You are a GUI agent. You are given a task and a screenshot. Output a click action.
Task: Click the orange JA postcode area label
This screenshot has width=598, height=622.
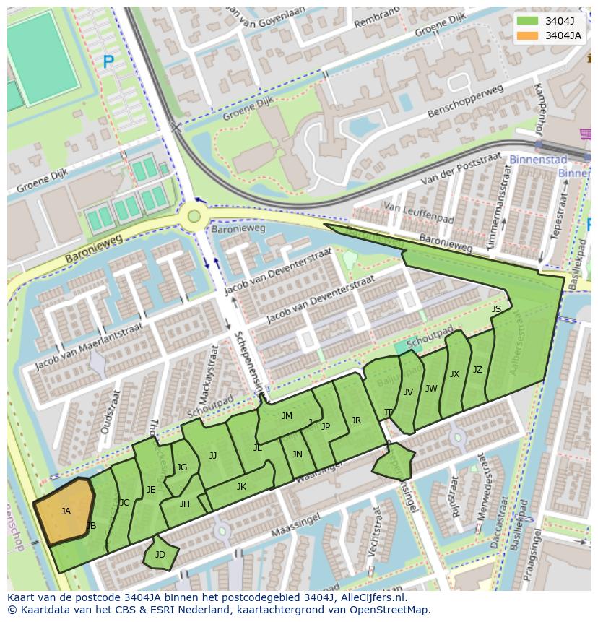[x=66, y=511]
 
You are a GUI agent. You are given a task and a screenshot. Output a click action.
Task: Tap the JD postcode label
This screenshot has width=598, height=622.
[x=160, y=555]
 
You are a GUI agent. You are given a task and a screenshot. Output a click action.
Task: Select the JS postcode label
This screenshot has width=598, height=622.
[x=496, y=309]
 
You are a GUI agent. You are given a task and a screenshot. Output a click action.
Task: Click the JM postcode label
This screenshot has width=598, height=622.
[x=287, y=416]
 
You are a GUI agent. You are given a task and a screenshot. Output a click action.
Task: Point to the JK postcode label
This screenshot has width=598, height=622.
[x=241, y=487]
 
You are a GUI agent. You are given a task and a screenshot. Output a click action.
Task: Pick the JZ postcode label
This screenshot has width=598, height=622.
[x=477, y=370]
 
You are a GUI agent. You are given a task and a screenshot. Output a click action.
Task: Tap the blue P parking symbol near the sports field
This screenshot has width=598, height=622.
[x=108, y=63]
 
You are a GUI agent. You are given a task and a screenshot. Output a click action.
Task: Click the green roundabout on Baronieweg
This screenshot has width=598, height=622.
[x=194, y=215]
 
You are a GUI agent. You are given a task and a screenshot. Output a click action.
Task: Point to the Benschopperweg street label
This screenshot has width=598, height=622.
[x=464, y=102]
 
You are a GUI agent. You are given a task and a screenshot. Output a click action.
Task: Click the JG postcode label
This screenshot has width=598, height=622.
[x=182, y=467]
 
